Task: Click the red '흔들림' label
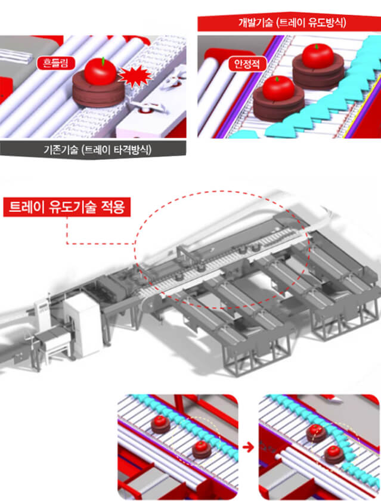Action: (x=55, y=63)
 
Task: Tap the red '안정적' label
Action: (x=247, y=64)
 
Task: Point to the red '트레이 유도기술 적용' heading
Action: (x=67, y=207)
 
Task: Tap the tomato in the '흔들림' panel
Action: (x=100, y=71)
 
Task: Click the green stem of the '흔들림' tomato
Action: (x=103, y=61)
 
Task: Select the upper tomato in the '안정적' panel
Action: (x=318, y=55)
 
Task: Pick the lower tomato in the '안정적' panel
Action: (x=278, y=88)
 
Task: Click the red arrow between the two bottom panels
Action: (x=248, y=447)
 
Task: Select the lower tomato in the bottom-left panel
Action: (x=201, y=446)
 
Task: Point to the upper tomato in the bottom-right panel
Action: (x=315, y=429)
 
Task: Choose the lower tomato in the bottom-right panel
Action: (x=334, y=450)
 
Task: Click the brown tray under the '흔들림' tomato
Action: (x=98, y=91)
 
